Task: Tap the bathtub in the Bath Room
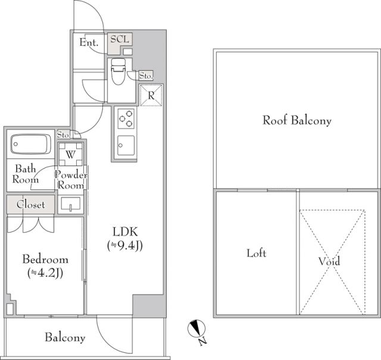coord(30,144)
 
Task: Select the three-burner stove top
coord(126,118)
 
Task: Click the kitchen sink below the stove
coord(126,146)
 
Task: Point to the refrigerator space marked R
coord(151,95)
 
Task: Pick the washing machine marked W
coord(71,154)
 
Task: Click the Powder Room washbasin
coord(70,204)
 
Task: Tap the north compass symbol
coord(197,328)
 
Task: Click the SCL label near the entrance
coord(120,39)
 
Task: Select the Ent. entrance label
coord(89,42)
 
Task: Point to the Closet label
coord(31,205)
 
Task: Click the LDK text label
coord(125,231)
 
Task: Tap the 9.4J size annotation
coord(125,246)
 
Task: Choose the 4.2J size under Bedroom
coord(45,273)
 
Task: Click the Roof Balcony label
coord(297,120)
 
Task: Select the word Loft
coord(257,253)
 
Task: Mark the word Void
coord(329,261)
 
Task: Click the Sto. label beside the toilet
coord(146,76)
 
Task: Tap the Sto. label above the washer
coord(64,134)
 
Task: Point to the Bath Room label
coord(26,174)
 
